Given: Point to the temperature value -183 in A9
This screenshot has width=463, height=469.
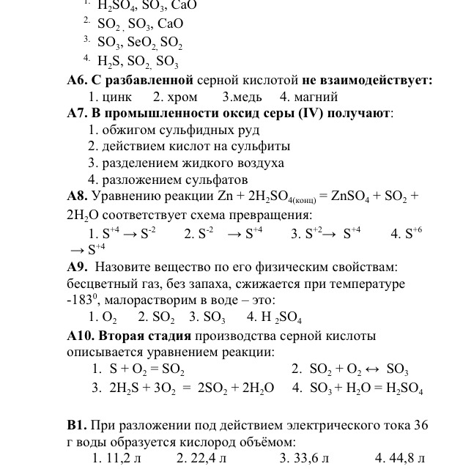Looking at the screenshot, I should (80, 300).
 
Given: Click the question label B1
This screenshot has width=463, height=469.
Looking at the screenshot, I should (77, 425).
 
